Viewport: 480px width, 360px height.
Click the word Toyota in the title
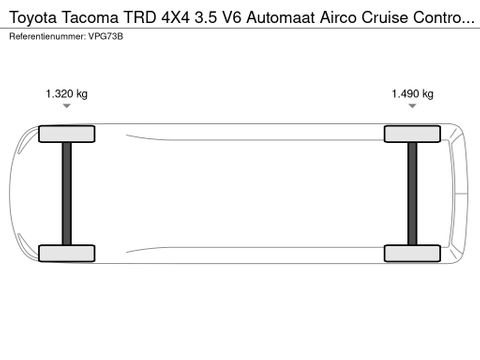[33, 18]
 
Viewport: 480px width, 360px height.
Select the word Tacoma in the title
[90, 17]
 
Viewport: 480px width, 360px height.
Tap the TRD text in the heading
[140, 17]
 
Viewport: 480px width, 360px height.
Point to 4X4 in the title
[176, 17]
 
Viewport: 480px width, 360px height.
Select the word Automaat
[281, 17]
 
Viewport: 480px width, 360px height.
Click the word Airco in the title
[338, 17]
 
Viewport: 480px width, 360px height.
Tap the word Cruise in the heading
[385, 17]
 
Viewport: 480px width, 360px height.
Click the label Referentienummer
[47, 36]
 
